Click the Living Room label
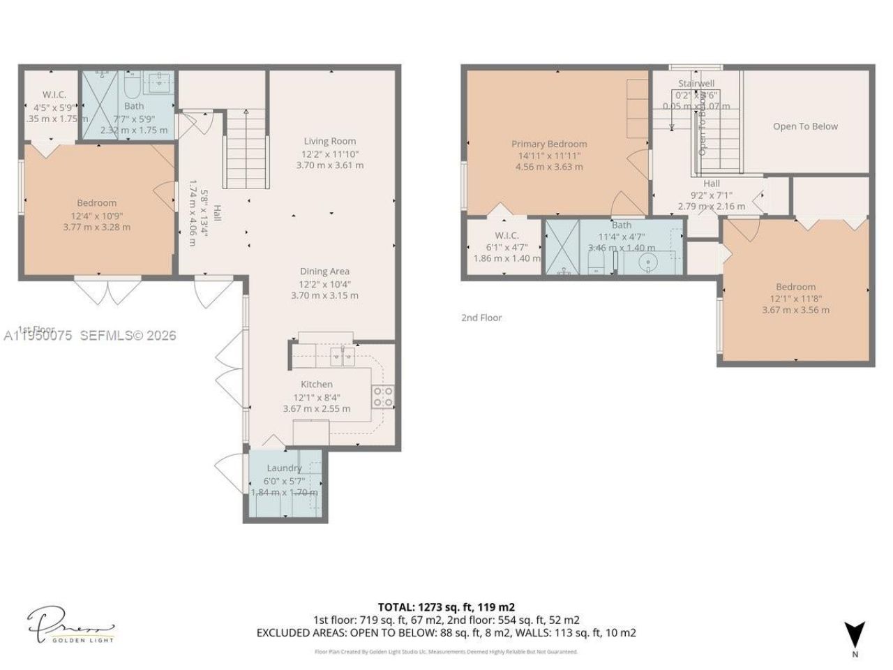tap(329, 141)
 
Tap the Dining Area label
tap(324, 271)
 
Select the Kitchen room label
tap(316, 384)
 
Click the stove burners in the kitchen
tap(383, 397)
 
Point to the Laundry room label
tap(284, 468)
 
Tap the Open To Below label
tap(805, 126)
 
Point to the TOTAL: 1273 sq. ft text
tap(446, 606)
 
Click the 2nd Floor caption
tap(481, 318)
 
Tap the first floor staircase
tap(246, 150)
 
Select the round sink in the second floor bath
tap(649, 264)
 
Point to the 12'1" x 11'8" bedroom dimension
tap(795, 298)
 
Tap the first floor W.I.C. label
tap(54, 94)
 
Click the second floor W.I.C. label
tap(506, 235)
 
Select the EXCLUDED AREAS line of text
tap(446, 633)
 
